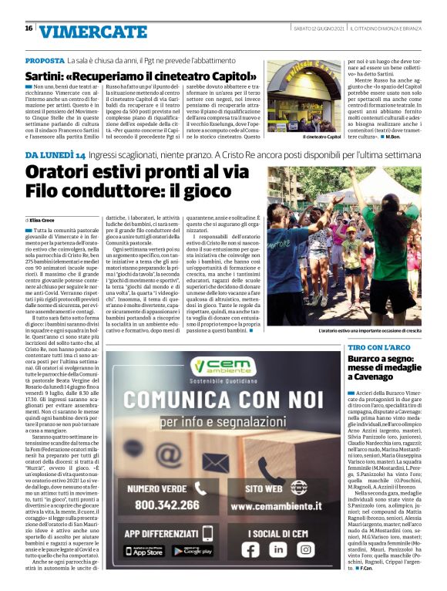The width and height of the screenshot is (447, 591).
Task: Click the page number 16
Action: coord(29,28)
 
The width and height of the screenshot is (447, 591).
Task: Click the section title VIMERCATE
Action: coord(82,31)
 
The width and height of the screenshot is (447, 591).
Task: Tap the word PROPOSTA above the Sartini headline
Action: coord(45,60)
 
